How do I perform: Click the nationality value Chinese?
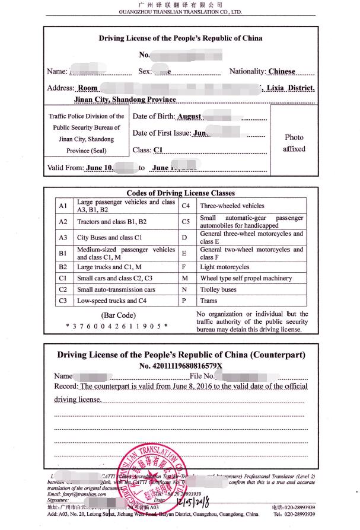tap(282, 72)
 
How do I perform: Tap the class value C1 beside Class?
tap(158, 150)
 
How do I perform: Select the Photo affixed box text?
tap(294, 143)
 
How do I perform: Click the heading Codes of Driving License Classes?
tap(180, 193)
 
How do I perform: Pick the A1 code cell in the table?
tap(62, 206)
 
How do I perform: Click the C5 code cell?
tap(186, 222)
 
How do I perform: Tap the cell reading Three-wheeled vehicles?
tap(232, 206)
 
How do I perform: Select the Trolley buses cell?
tap(218, 290)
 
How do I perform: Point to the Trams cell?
tap(209, 301)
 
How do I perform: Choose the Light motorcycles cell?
tap(225, 267)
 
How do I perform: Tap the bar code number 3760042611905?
tap(117, 326)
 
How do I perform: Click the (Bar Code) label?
tap(119, 315)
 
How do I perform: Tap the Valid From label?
tap(65, 168)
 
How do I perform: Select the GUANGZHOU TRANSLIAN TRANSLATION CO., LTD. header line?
tap(180, 11)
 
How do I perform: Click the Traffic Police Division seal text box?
tap(87, 133)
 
